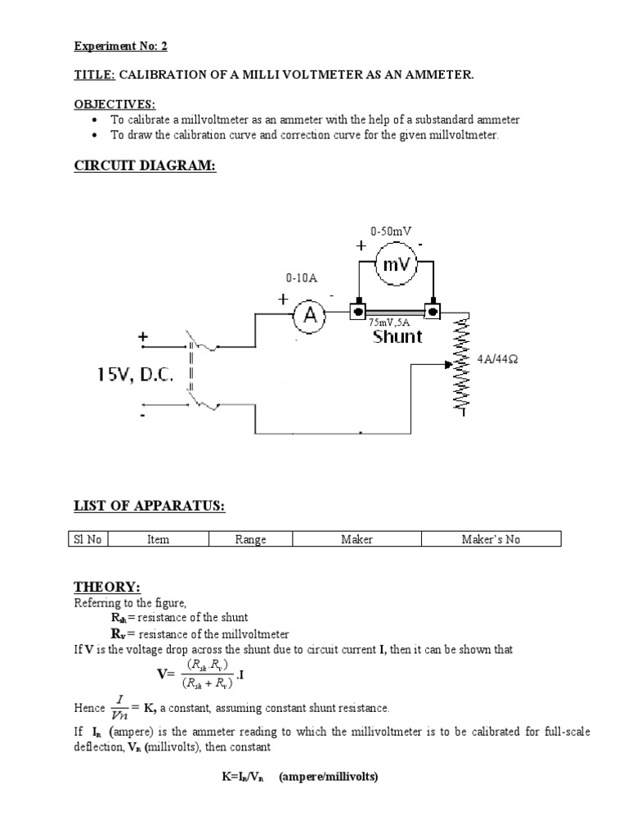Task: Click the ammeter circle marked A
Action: tap(310, 317)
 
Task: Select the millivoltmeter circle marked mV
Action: tap(396, 264)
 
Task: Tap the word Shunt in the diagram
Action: tap(397, 336)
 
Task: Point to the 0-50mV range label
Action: tap(390, 232)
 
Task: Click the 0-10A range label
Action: tap(301, 277)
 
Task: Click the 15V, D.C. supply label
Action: tap(136, 374)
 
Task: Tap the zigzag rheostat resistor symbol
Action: tap(464, 363)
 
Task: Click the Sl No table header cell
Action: tap(87, 539)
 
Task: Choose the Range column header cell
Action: tap(250, 539)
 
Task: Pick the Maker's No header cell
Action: tap(491, 539)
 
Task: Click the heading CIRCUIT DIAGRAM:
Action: tap(146, 166)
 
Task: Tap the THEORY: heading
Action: tap(107, 588)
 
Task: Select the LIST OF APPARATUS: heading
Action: tap(150, 507)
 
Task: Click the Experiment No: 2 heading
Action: tap(120, 46)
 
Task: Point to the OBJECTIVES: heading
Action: tap(114, 104)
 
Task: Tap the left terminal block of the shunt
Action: tap(357, 312)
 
